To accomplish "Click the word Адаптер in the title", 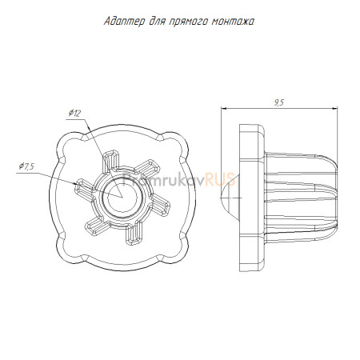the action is (124, 22).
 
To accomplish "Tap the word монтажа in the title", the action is (233, 22).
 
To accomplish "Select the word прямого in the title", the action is (189, 22).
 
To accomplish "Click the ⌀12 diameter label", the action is (74, 114).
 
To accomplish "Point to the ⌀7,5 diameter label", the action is (26, 166).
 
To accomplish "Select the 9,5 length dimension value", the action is (279, 102).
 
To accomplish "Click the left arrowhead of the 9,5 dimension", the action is (224, 108).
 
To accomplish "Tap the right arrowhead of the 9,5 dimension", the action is (334, 108).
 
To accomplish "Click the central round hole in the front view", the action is (122, 198).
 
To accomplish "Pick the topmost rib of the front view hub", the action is (110, 160).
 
